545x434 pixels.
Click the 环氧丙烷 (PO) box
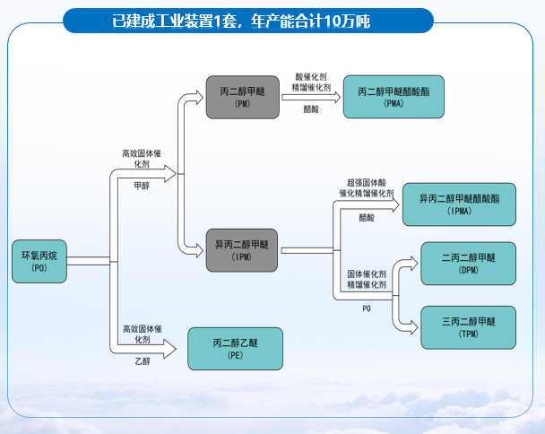click(x=39, y=261)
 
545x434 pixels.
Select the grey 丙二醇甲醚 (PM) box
click(x=243, y=98)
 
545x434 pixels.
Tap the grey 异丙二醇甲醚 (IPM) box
click(x=242, y=250)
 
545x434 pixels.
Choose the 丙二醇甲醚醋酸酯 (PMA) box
click(x=394, y=97)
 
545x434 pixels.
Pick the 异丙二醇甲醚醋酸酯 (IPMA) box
click(x=459, y=204)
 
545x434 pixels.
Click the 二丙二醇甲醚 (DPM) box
click(x=469, y=264)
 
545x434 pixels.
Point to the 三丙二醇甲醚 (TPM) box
click(x=469, y=327)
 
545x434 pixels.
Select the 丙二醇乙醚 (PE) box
click(x=236, y=349)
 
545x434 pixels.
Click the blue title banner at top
click(x=248, y=21)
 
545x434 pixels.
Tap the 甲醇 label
click(x=142, y=186)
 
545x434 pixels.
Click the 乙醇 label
click(x=143, y=361)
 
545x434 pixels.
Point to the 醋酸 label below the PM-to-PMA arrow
click(x=311, y=109)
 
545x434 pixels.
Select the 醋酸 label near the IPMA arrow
click(x=367, y=218)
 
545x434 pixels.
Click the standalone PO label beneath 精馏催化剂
click(x=367, y=308)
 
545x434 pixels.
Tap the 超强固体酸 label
click(x=367, y=183)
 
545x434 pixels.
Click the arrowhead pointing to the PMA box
click(x=337, y=97)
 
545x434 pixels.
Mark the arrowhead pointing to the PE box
click(x=170, y=349)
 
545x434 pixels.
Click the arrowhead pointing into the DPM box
click(x=413, y=264)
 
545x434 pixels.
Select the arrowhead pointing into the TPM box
click(x=413, y=327)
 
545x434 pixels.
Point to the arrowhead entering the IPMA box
click(x=395, y=205)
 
